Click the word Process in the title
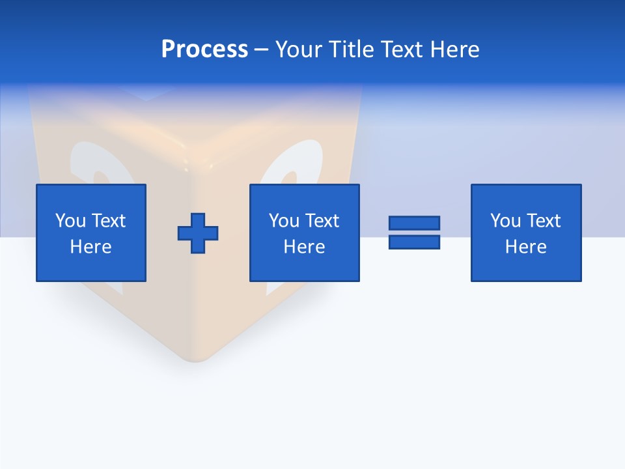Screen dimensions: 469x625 (x=204, y=50)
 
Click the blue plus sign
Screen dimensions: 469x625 (x=198, y=233)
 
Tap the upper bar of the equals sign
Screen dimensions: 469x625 (x=414, y=223)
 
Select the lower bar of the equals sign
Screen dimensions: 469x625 (x=414, y=242)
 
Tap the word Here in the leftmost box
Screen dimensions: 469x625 (x=91, y=247)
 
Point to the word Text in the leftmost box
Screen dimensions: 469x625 (x=108, y=221)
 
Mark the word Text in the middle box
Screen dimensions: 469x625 (x=322, y=221)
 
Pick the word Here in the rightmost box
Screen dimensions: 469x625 (x=526, y=247)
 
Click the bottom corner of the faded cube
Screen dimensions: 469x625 (x=195, y=359)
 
